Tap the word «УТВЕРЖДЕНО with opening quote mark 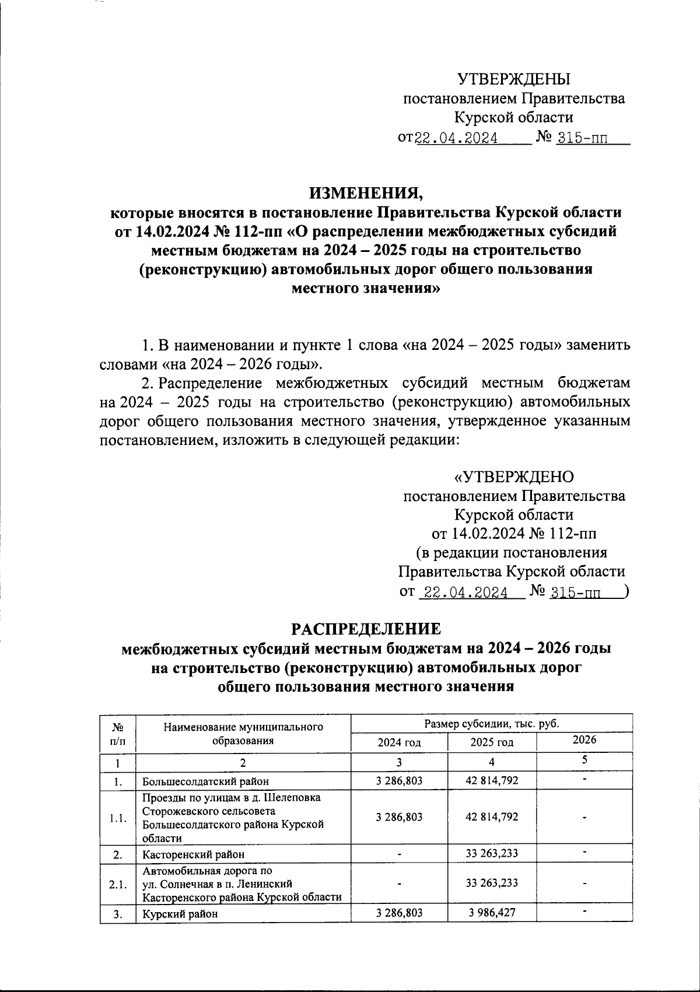(513, 477)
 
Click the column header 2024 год (400, 742)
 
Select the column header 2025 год (492, 742)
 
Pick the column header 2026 (584, 739)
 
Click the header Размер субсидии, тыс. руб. (491, 724)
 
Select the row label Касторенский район (193, 854)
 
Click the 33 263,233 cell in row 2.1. (492, 883)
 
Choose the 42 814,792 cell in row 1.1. (492, 817)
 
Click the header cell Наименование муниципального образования (243, 734)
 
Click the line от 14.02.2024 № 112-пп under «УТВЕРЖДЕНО (513, 534)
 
